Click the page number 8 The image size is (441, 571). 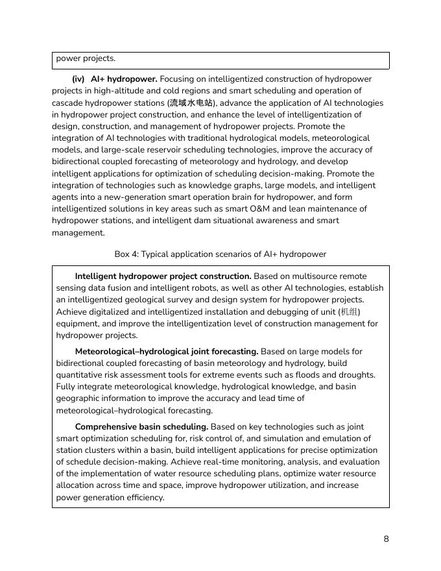[x=386, y=539]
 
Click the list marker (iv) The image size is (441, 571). [x=78, y=79]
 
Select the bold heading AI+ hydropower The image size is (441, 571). [x=124, y=79]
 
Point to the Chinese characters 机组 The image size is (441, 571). [x=349, y=312]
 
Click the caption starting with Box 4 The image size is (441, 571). [x=220, y=254]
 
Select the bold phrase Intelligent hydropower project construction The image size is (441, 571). [x=163, y=276]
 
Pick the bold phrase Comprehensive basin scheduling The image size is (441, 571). [x=141, y=427]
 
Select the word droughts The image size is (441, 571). [x=356, y=375]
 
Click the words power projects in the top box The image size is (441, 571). [x=86, y=58]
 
